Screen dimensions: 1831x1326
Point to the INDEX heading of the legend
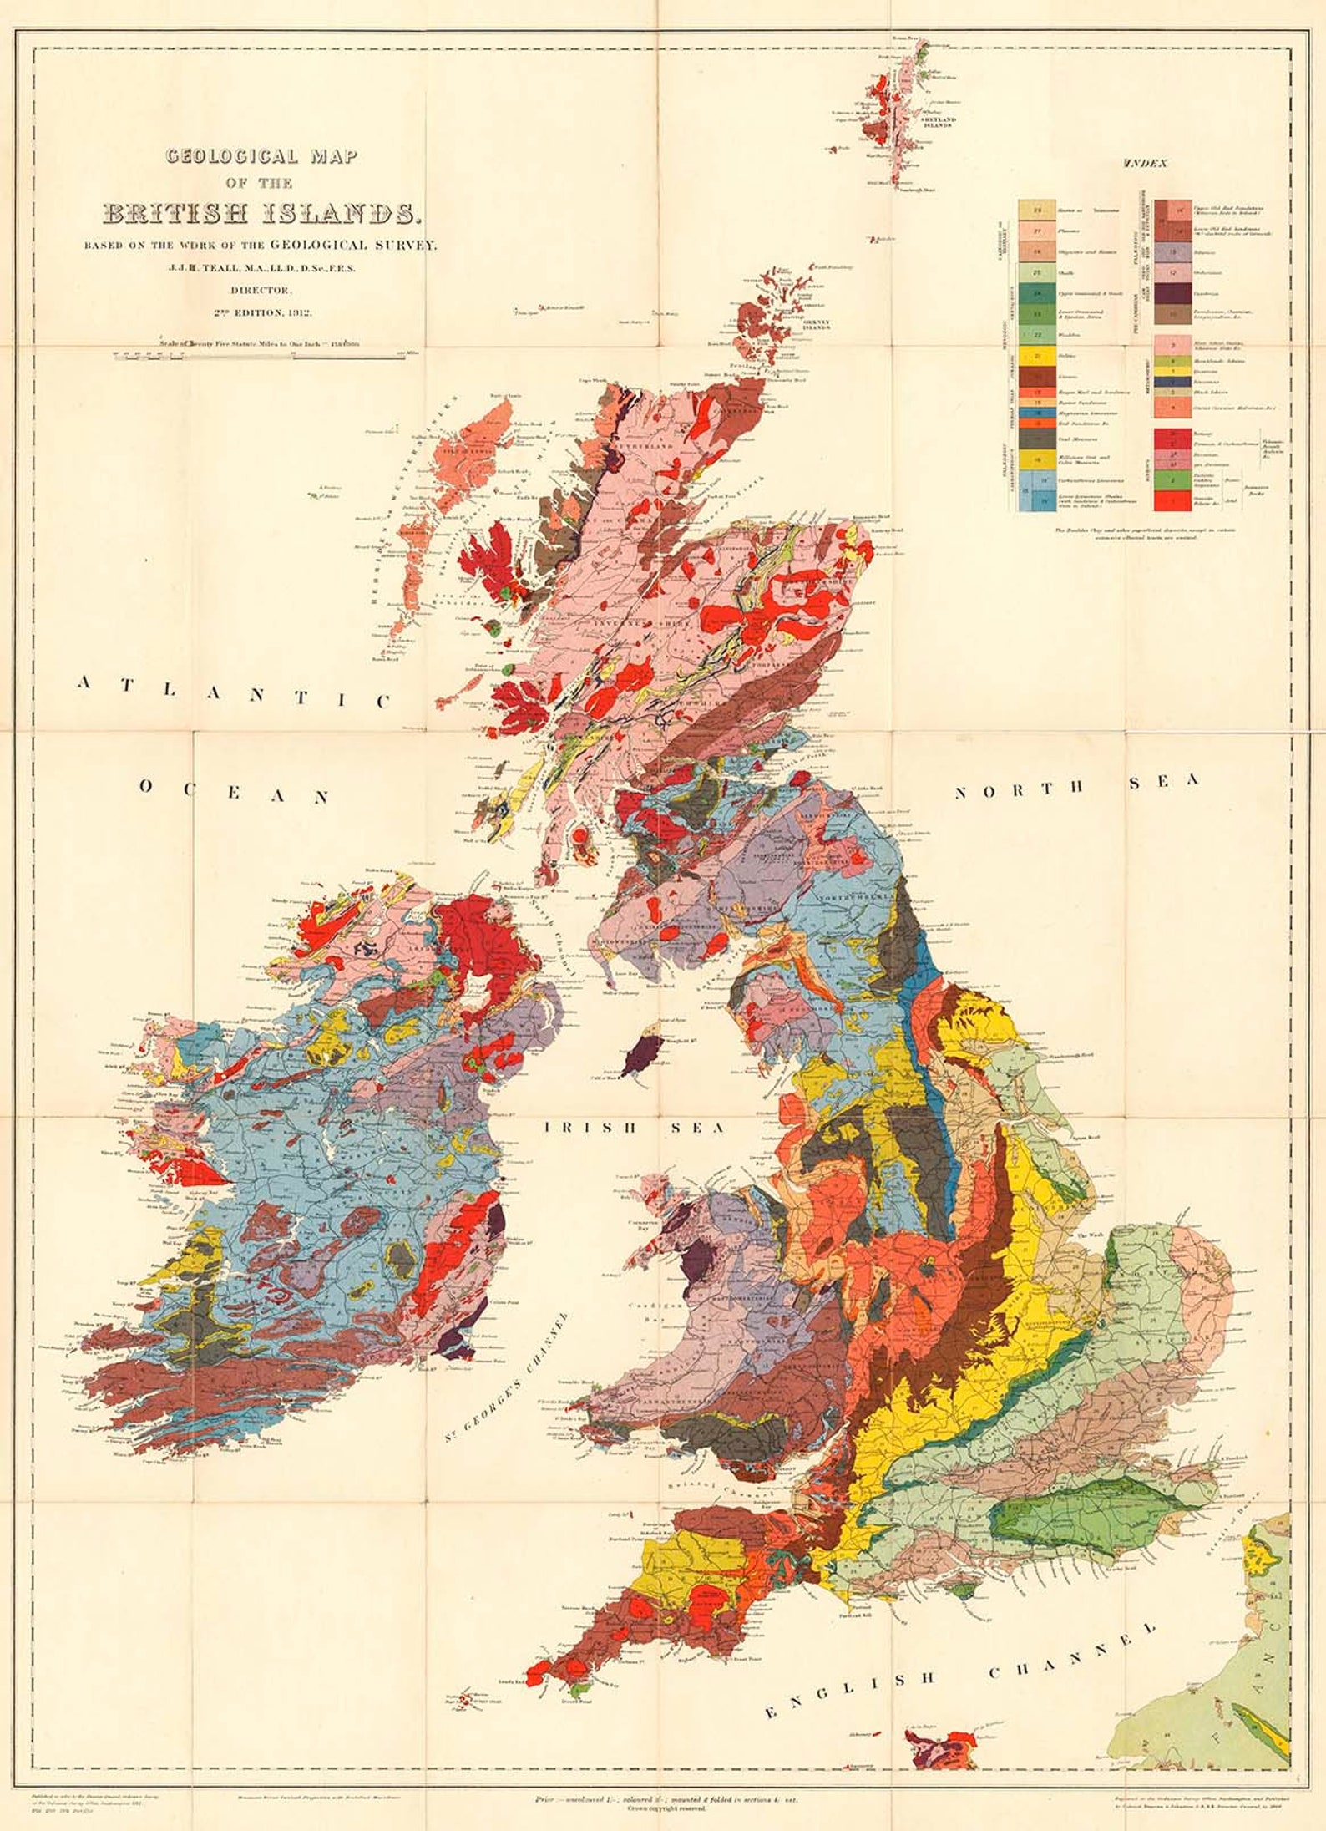(x=1146, y=163)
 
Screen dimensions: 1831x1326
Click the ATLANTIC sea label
(x=233, y=690)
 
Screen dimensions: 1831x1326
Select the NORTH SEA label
(x=1076, y=786)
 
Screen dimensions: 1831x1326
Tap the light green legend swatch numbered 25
(x=1037, y=272)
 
